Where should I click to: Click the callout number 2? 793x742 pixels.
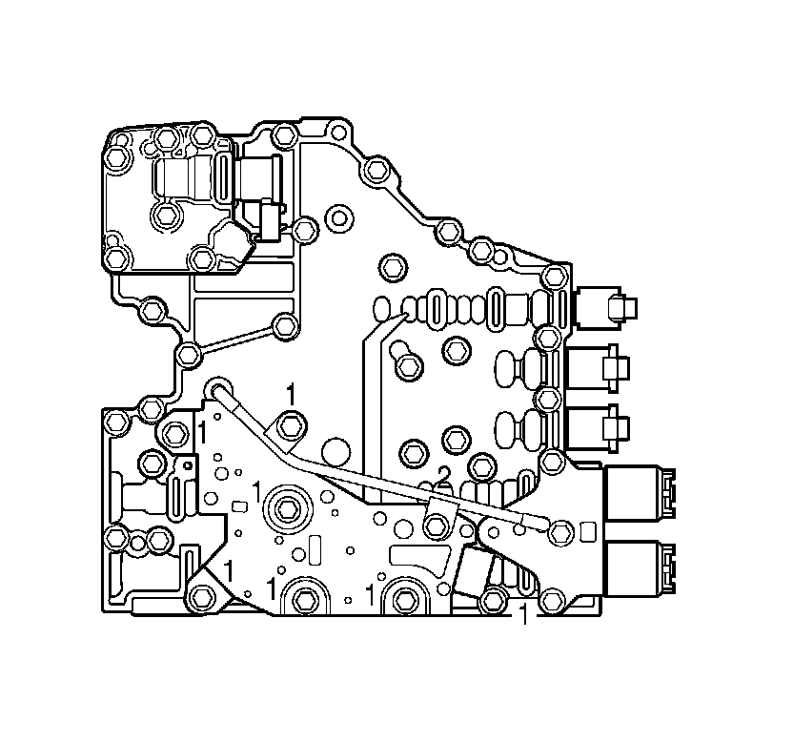point(443,475)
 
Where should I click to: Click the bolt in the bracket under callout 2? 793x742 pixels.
point(436,524)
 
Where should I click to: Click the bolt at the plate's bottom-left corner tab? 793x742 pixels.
point(200,597)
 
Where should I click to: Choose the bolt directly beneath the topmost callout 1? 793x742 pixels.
point(292,425)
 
